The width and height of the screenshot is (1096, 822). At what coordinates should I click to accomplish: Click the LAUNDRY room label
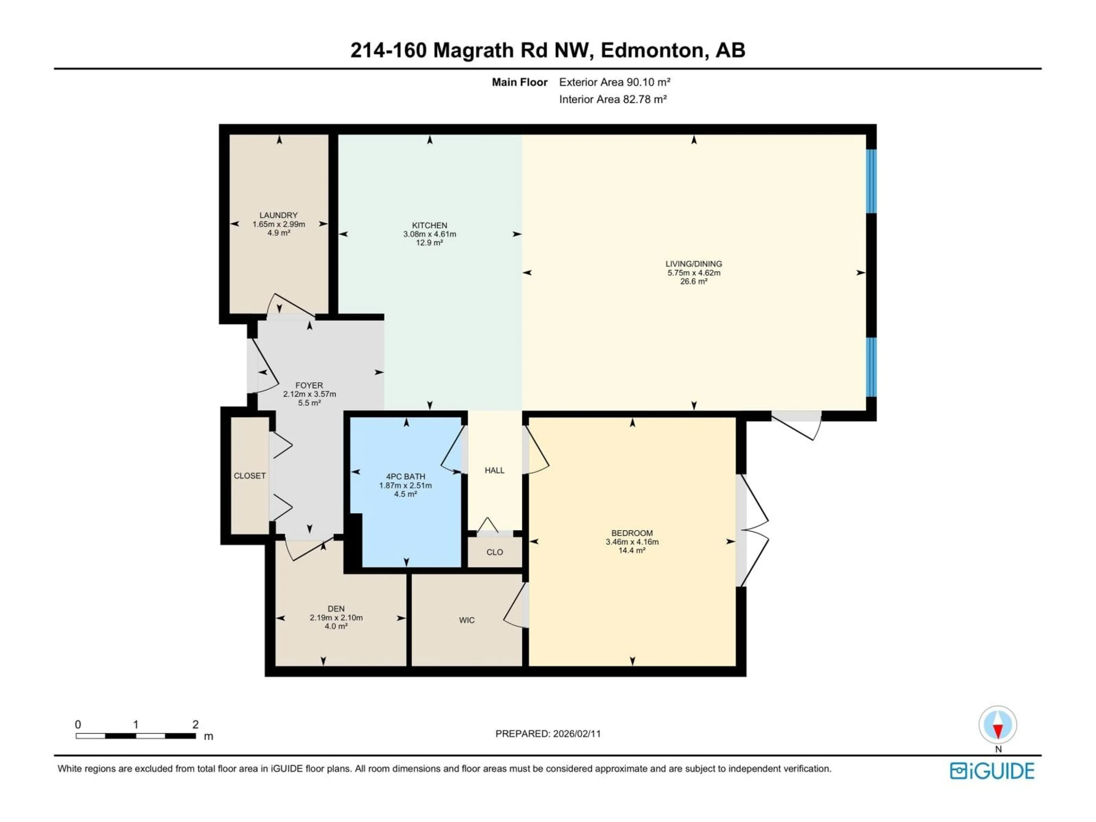pos(279,215)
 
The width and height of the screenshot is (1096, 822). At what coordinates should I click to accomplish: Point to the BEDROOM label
pos(632,533)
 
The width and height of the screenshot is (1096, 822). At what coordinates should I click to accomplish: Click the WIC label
pos(467,620)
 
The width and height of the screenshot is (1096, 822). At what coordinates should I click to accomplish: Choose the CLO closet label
pos(495,552)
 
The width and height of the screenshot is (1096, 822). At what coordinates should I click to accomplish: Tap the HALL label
pos(495,470)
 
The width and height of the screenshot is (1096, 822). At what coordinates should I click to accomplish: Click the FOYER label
pos(309,385)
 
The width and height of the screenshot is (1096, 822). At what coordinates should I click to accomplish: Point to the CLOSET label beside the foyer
pos(250,476)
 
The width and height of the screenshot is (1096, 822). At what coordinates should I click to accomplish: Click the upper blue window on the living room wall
pos(872,181)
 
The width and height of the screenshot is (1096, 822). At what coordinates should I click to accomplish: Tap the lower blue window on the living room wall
pos(872,367)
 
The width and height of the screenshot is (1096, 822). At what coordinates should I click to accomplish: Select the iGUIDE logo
pos(992,771)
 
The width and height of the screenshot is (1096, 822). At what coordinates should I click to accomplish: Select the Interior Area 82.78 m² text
pos(613,99)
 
